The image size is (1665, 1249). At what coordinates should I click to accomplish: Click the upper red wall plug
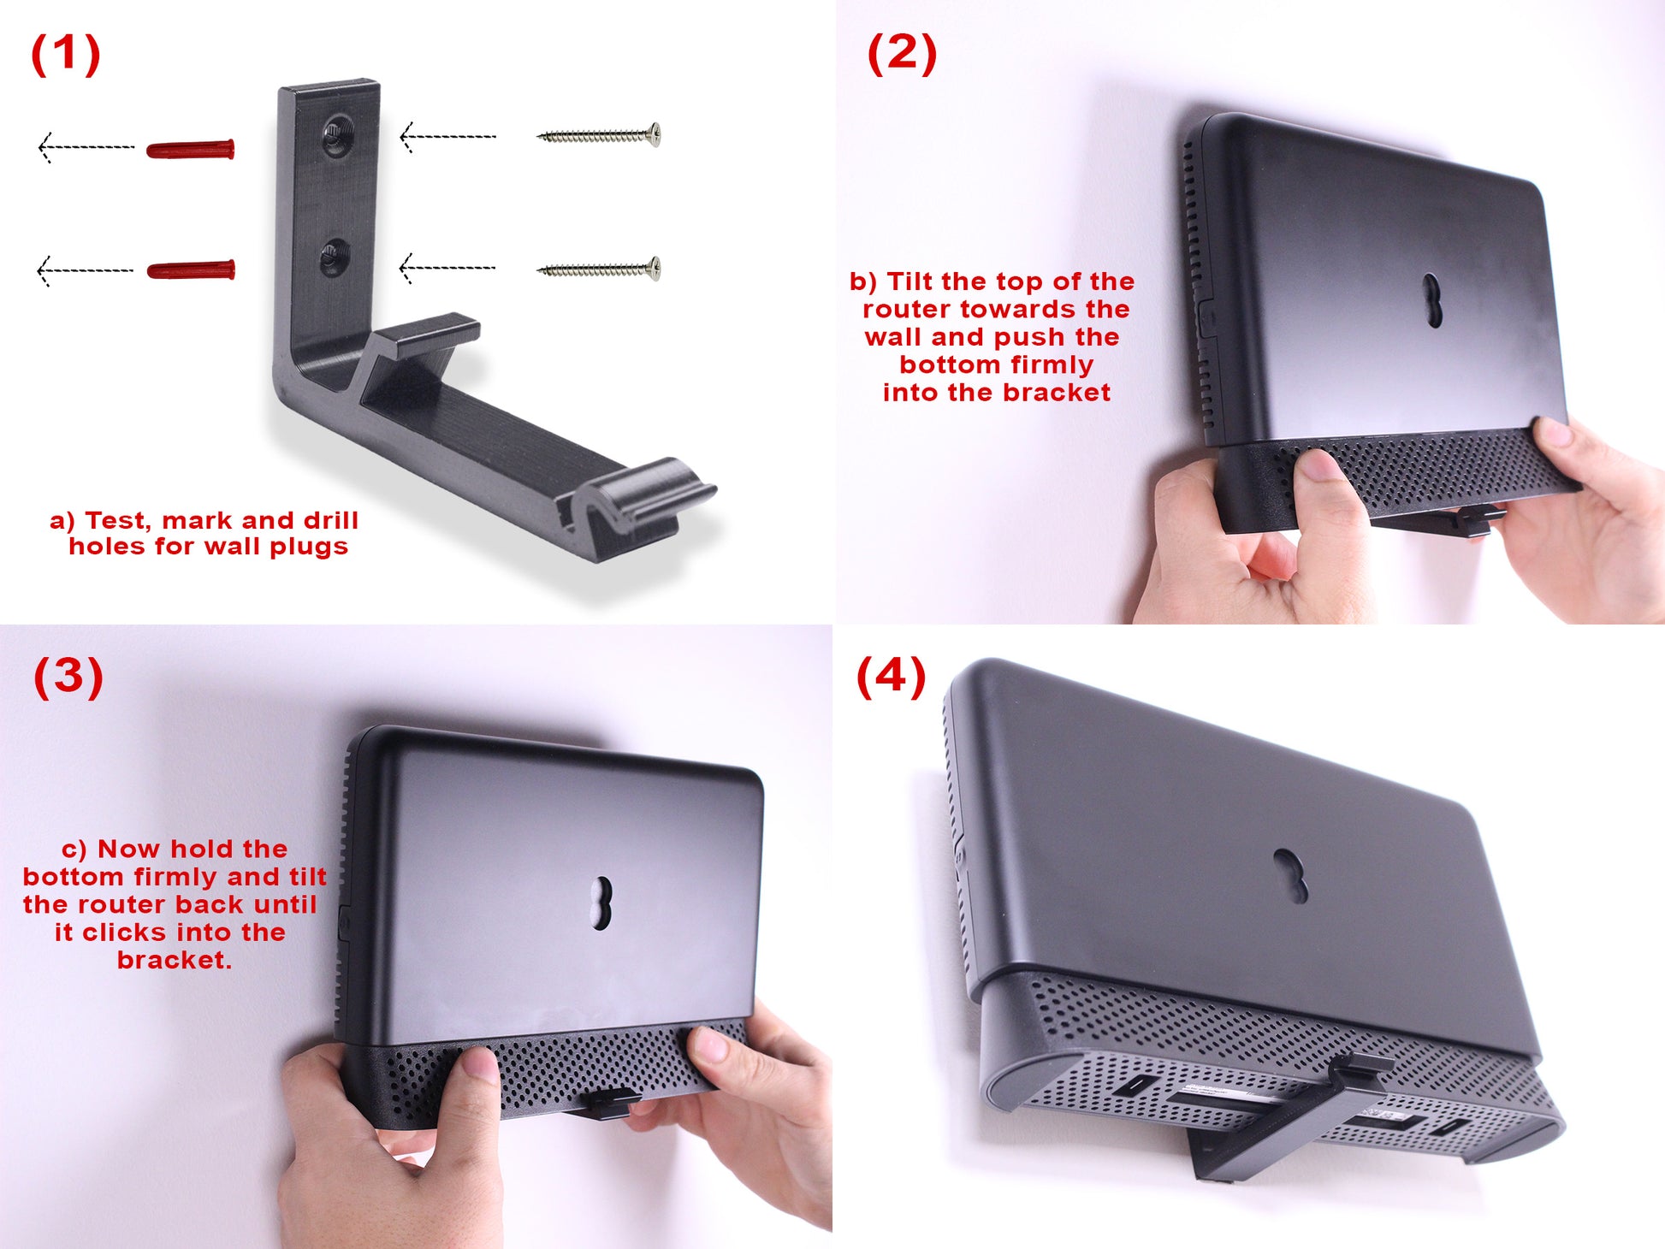coord(191,150)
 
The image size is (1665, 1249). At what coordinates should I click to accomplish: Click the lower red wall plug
coord(191,270)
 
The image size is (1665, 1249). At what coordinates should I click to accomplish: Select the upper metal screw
coord(599,134)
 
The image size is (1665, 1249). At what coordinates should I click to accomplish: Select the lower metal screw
coord(599,269)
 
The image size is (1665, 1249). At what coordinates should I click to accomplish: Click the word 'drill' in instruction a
coord(331,520)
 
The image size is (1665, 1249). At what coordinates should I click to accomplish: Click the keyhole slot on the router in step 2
coord(1432,300)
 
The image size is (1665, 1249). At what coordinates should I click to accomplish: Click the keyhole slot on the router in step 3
coord(602,903)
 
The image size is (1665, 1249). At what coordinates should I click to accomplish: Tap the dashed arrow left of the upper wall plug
coord(86,147)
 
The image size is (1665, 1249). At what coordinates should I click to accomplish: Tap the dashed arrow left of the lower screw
coord(447,268)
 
